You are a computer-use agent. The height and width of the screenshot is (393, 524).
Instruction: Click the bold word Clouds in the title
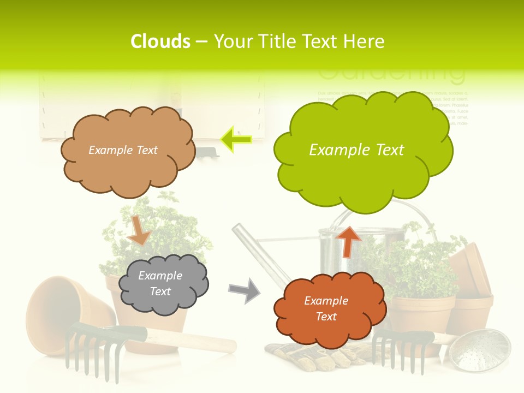tap(160, 41)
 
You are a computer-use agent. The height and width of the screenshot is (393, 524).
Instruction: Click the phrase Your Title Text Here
tap(299, 41)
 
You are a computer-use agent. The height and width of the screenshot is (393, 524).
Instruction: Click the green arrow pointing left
tap(236, 140)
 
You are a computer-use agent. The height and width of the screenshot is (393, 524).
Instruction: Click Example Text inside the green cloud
tap(356, 150)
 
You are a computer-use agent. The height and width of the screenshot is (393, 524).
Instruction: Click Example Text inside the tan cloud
tap(123, 150)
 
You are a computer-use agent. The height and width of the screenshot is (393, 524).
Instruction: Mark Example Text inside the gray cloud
tap(160, 283)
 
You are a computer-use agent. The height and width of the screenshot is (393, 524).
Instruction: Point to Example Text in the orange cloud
tap(326, 308)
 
